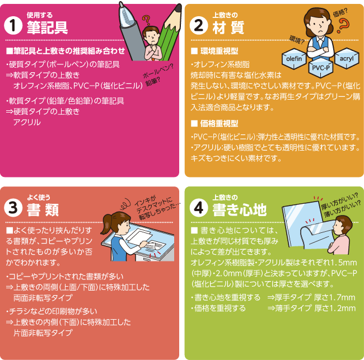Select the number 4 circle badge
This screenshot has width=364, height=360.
(x=198, y=208)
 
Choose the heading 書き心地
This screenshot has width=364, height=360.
(x=239, y=210)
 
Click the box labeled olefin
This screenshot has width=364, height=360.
(x=294, y=58)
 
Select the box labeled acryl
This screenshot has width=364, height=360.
(x=344, y=58)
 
